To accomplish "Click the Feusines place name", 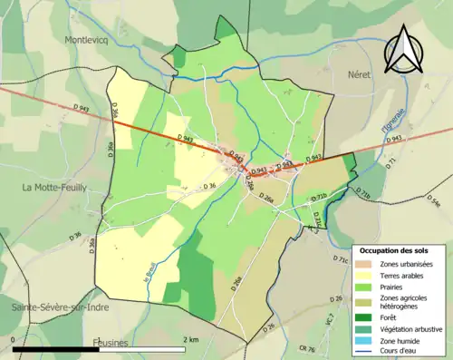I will [111, 343].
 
